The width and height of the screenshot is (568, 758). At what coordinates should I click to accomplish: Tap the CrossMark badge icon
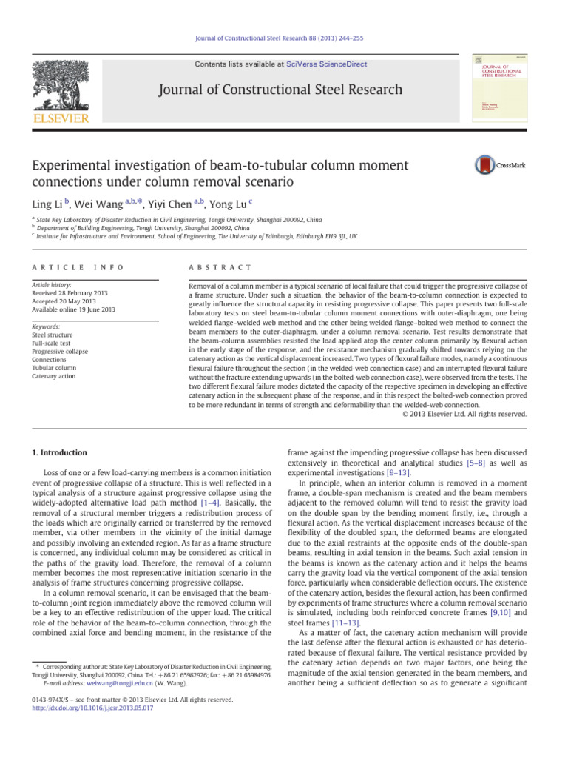pyautogui.click(x=503, y=165)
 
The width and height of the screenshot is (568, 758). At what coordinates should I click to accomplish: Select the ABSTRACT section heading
pyautogui.click(x=221, y=266)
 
